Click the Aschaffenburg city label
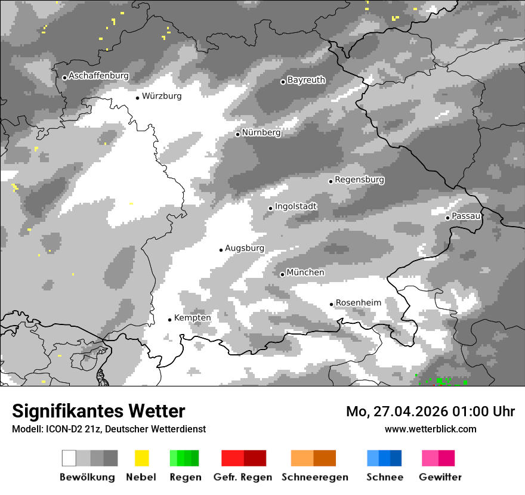[x=98, y=76]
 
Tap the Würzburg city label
[x=162, y=96]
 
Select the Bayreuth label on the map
[x=306, y=80]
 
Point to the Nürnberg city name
[x=261, y=132]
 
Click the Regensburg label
[x=359, y=180]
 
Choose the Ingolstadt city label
[x=296, y=206]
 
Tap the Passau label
[x=466, y=216]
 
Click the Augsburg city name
[x=245, y=248]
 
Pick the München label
[x=305, y=273]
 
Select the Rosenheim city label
[x=358, y=302]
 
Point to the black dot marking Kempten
[x=169, y=320]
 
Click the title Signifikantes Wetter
[x=98, y=411]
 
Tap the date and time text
[x=430, y=412]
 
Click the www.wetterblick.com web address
[x=430, y=429]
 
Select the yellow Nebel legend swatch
[x=141, y=458]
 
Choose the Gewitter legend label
[x=440, y=477]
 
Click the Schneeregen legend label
[x=315, y=477]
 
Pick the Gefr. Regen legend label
[x=243, y=477]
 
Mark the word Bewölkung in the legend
[x=87, y=477]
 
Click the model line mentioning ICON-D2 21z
[x=109, y=429]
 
